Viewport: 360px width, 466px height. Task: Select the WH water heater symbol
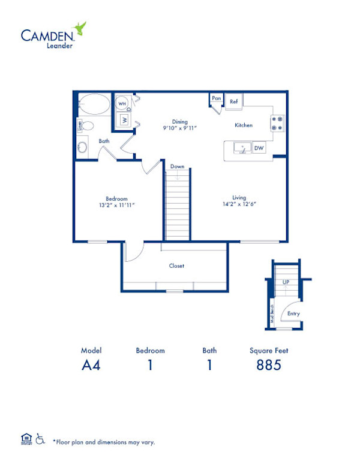click(x=122, y=103)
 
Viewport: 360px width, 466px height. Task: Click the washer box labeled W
click(x=124, y=120)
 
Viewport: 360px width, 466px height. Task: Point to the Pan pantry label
click(x=216, y=98)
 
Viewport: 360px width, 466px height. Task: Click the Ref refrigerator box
click(x=233, y=101)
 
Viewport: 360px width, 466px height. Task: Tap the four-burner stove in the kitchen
click(x=277, y=123)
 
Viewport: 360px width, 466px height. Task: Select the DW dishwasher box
click(x=259, y=148)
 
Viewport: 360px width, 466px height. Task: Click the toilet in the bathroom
click(x=86, y=126)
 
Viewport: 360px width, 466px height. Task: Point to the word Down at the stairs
click(x=177, y=166)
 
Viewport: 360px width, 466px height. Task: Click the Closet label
click(x=176, y=265)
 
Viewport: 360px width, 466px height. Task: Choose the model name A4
click(x=91, y=365)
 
